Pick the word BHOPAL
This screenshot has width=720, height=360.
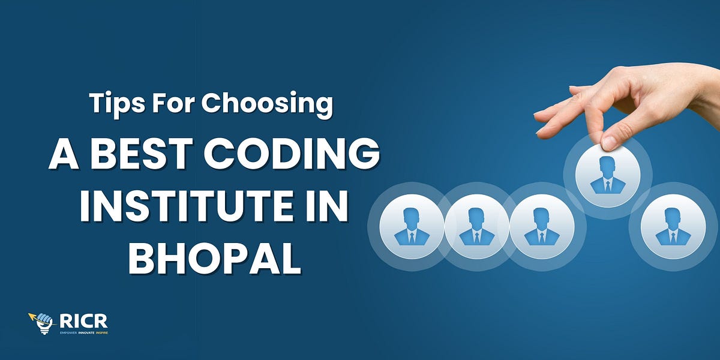[214, 259]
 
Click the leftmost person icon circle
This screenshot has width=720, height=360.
[412, 227]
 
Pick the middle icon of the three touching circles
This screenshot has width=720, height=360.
[476, 227]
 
